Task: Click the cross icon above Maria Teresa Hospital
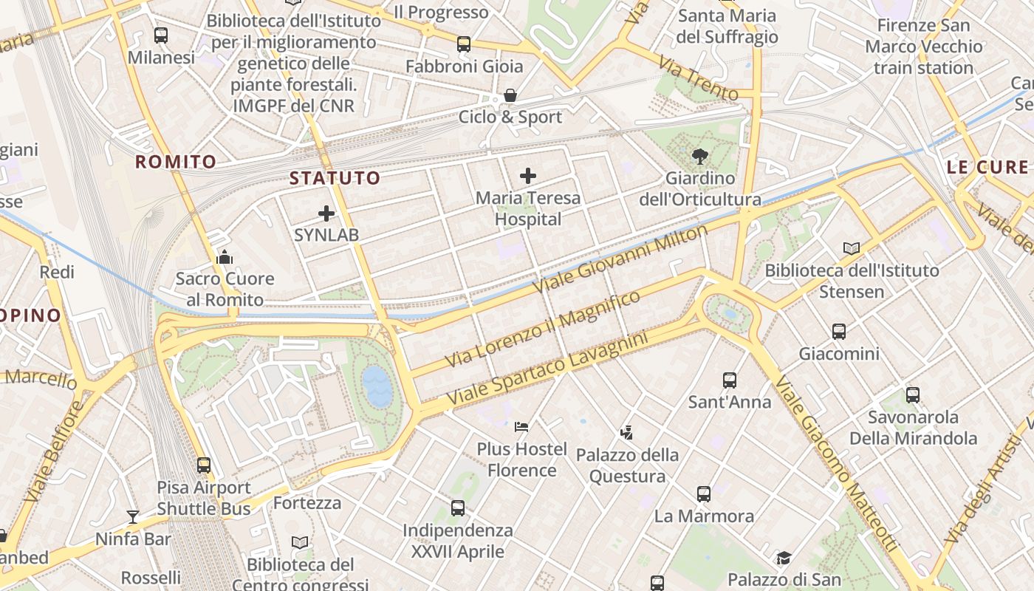pos(527,176)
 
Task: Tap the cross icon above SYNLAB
pos(326,214)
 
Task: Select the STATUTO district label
pos(335,178)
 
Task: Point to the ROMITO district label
pos(176,162)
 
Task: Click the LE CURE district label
pos(987,167)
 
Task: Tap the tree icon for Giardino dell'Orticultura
pos(699,156)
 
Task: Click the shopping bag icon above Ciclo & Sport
pos(510,96)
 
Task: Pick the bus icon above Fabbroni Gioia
pos(464,44)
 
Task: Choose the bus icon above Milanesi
pos(161,35)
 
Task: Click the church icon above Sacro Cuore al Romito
pos(225,257)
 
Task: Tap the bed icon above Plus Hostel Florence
pos(521,427)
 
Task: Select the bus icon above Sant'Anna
pos(730,380)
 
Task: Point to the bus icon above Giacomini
pos(839,332)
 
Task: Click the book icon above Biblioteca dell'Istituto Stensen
pos(852,249)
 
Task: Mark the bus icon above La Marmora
pos(704,493)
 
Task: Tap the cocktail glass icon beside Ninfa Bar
pos(133,517)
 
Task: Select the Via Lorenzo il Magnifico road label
pos(543,329)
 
